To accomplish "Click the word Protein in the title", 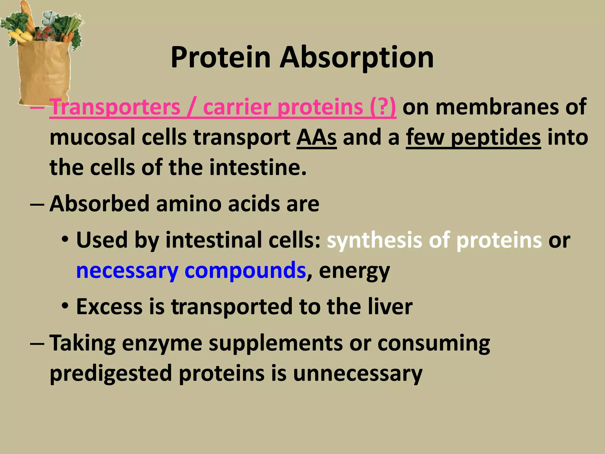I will click(x=221, y=58).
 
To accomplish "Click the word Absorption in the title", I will click(x=357, y=58).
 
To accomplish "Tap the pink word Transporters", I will click(x=115, y=107).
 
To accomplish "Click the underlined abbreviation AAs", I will click(x=316, y=137).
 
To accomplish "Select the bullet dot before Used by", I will click(x=65, y=240).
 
